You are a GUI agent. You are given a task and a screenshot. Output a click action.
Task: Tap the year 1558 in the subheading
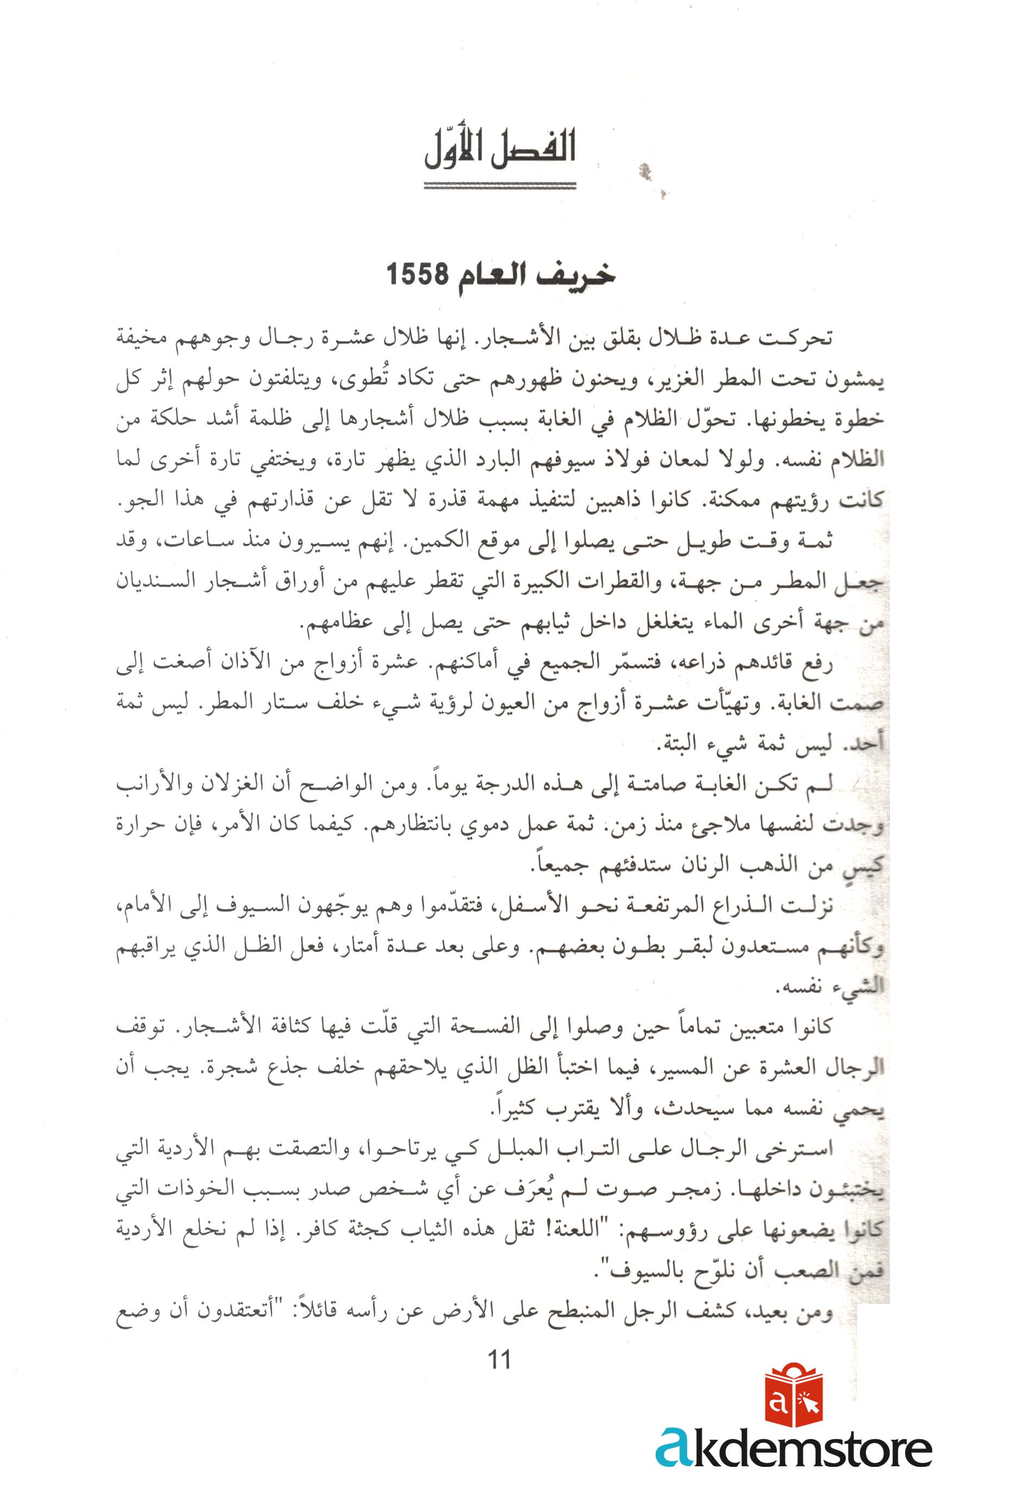coord(417,275)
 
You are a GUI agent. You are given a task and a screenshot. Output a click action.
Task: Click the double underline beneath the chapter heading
coord(499,186)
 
